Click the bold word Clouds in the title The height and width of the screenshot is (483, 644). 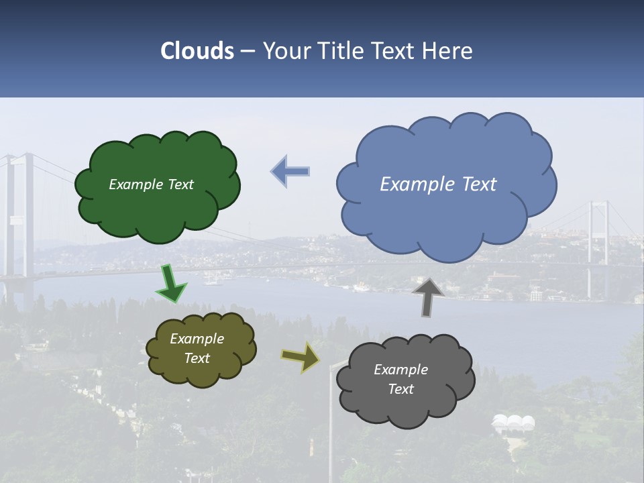click(x=197, y=51)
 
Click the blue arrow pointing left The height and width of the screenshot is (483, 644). click(x=290, y=171)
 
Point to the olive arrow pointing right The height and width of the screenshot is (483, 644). click(x=301, y=357)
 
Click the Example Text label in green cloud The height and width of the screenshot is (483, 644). click(x=151, y=184)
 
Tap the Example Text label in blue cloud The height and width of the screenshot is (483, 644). click(x=438, y=184)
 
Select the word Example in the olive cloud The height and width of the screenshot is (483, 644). click(x=197, y=339)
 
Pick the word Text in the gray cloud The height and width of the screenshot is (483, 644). click(x=400, y=389)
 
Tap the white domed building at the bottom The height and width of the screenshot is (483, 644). click(x=514, y=423)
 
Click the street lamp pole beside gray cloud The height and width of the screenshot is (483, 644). click(x=329, y=429)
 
